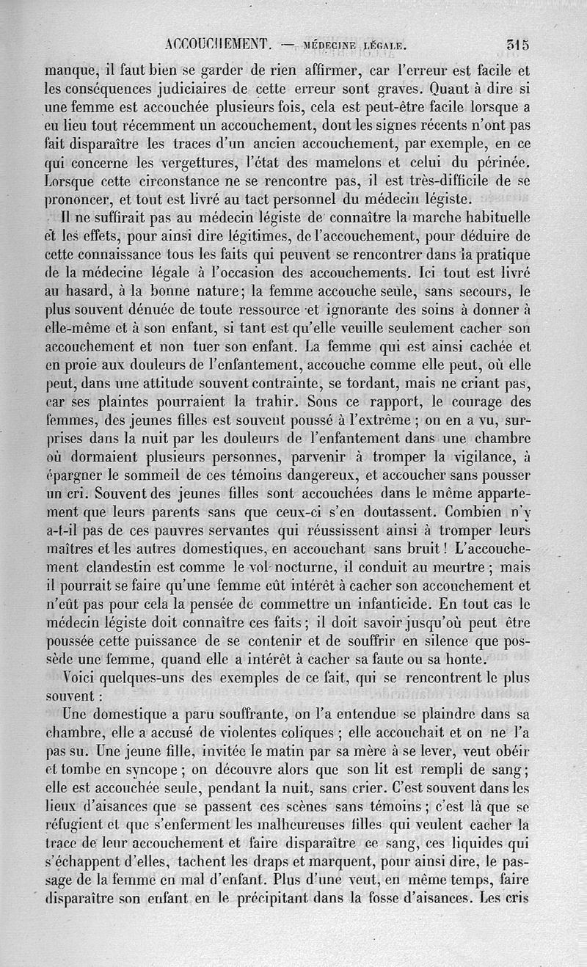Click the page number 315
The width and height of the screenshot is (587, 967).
coord(517,43)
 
